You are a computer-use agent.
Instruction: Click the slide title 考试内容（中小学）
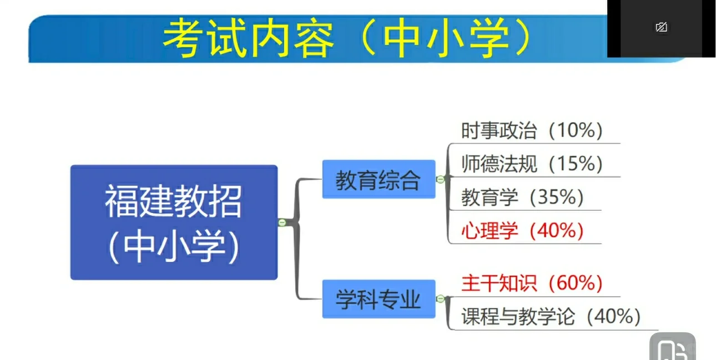pos(347,39)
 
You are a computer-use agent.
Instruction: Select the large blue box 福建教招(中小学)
pos(174,222)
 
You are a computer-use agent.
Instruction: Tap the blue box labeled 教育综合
pos(379,180)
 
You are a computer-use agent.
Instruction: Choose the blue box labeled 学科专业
pos(379,300)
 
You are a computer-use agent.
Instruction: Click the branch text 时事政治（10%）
pos(532,131)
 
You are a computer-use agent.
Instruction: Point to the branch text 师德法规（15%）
pos(532,164)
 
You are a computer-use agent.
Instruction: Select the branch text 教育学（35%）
pos(522,197)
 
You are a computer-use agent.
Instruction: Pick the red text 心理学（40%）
pos(522,230)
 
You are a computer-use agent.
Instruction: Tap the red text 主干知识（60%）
pos(532,283)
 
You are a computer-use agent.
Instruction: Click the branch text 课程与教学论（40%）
pos(551,317)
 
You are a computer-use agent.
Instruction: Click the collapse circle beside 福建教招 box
pos(282,222)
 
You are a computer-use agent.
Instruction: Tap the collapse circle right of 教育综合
pos(441,179)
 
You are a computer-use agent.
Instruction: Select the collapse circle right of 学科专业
pos(441,299)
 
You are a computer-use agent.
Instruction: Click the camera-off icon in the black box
pos(661,27)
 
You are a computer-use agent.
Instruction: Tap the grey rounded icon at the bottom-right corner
pos(672,348)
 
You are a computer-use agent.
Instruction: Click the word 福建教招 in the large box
pos(174,202)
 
